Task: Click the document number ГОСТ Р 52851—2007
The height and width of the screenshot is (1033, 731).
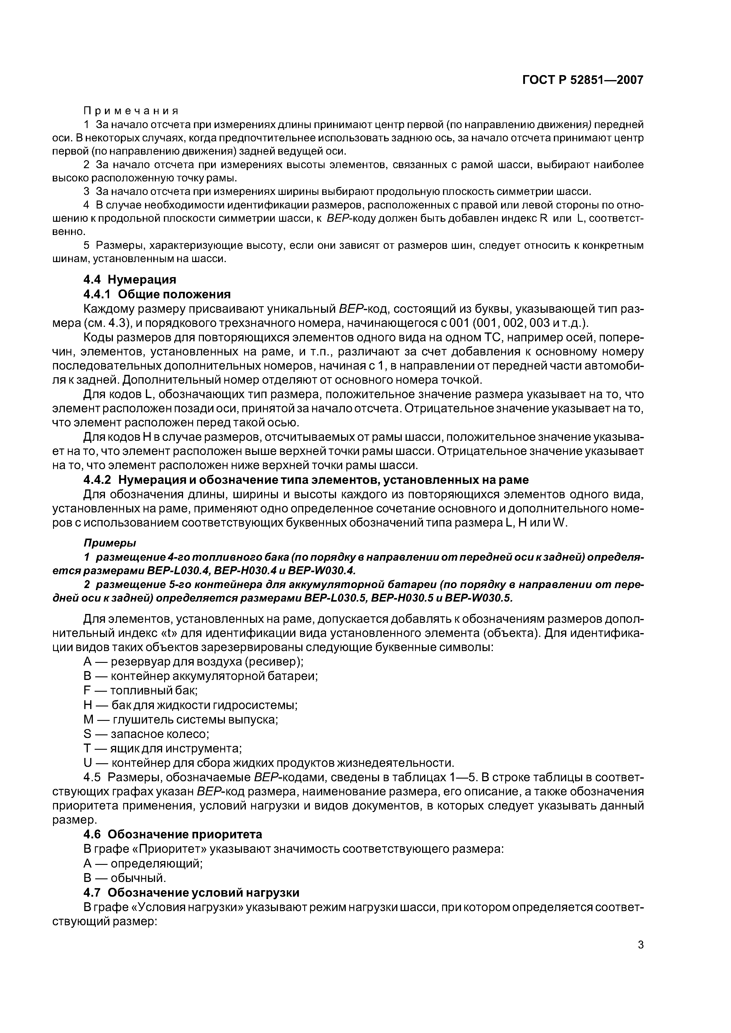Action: coord(583,80)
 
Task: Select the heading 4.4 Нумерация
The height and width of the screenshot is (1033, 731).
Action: coord(130,279)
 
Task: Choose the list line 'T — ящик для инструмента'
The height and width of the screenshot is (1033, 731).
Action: coord(163,749)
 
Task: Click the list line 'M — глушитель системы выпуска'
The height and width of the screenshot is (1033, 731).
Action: coord(181,719)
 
